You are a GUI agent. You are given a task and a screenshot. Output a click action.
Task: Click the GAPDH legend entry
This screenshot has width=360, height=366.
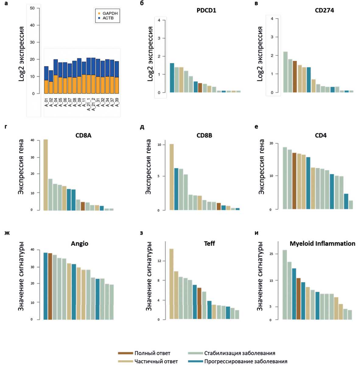(110, 14)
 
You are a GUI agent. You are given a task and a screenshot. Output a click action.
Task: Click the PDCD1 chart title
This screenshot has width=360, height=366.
(206, 11)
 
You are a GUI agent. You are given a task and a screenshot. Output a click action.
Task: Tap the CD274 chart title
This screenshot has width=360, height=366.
(324, 11)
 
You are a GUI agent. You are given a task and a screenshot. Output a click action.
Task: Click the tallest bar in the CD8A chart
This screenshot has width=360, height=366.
(46, 175)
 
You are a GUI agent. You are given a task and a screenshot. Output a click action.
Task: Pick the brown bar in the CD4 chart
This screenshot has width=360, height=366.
(294, 181)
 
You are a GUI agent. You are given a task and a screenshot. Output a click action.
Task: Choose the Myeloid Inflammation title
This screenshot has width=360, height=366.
(322, 244)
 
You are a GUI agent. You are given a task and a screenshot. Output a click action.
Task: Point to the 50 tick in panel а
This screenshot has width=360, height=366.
(33, 8)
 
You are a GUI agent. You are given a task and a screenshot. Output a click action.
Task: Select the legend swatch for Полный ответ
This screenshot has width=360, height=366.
(125, 353)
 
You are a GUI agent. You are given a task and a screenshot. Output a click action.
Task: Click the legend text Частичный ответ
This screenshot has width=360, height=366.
(156, 361)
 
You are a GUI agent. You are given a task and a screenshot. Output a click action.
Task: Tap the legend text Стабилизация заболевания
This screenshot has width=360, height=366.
(240, 353)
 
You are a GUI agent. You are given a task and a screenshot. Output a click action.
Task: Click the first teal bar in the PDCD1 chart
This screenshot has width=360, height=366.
(172, 78)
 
